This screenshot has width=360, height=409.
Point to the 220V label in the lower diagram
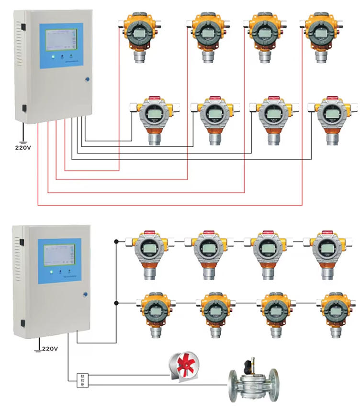coord(49,349)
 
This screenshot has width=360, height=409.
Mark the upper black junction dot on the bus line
coord(116,241)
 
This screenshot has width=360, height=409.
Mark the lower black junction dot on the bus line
coord(116,303)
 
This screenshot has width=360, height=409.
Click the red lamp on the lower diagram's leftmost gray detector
coord(149,233)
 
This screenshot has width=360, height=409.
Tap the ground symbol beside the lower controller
coord(37,349)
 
